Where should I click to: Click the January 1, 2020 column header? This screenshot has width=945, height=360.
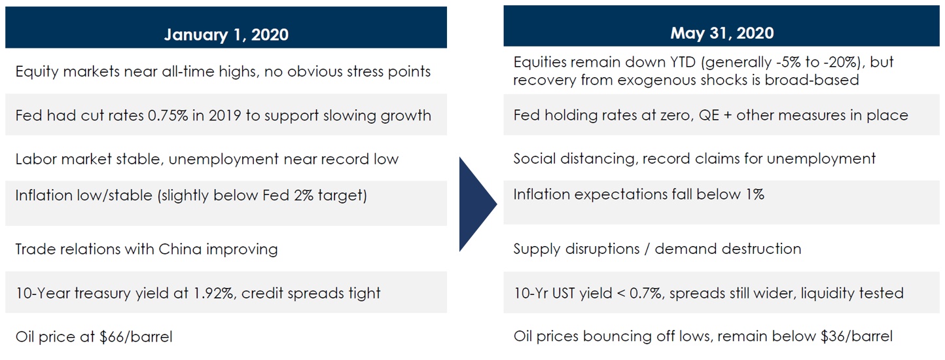tap(226, 35)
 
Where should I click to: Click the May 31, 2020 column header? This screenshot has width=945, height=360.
tap(722, 33)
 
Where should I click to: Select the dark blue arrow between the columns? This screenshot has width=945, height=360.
tap(478, 204)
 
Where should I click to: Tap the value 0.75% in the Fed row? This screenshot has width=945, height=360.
tap(168, 116)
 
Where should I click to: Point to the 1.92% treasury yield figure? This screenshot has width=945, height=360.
tap(214, 293)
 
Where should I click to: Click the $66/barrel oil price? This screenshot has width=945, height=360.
tap(136, 337)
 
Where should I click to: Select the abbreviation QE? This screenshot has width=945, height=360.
tap(709, 115)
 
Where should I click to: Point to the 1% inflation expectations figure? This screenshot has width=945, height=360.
tap(755, 194)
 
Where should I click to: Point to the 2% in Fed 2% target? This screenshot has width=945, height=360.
tap(303, 196)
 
